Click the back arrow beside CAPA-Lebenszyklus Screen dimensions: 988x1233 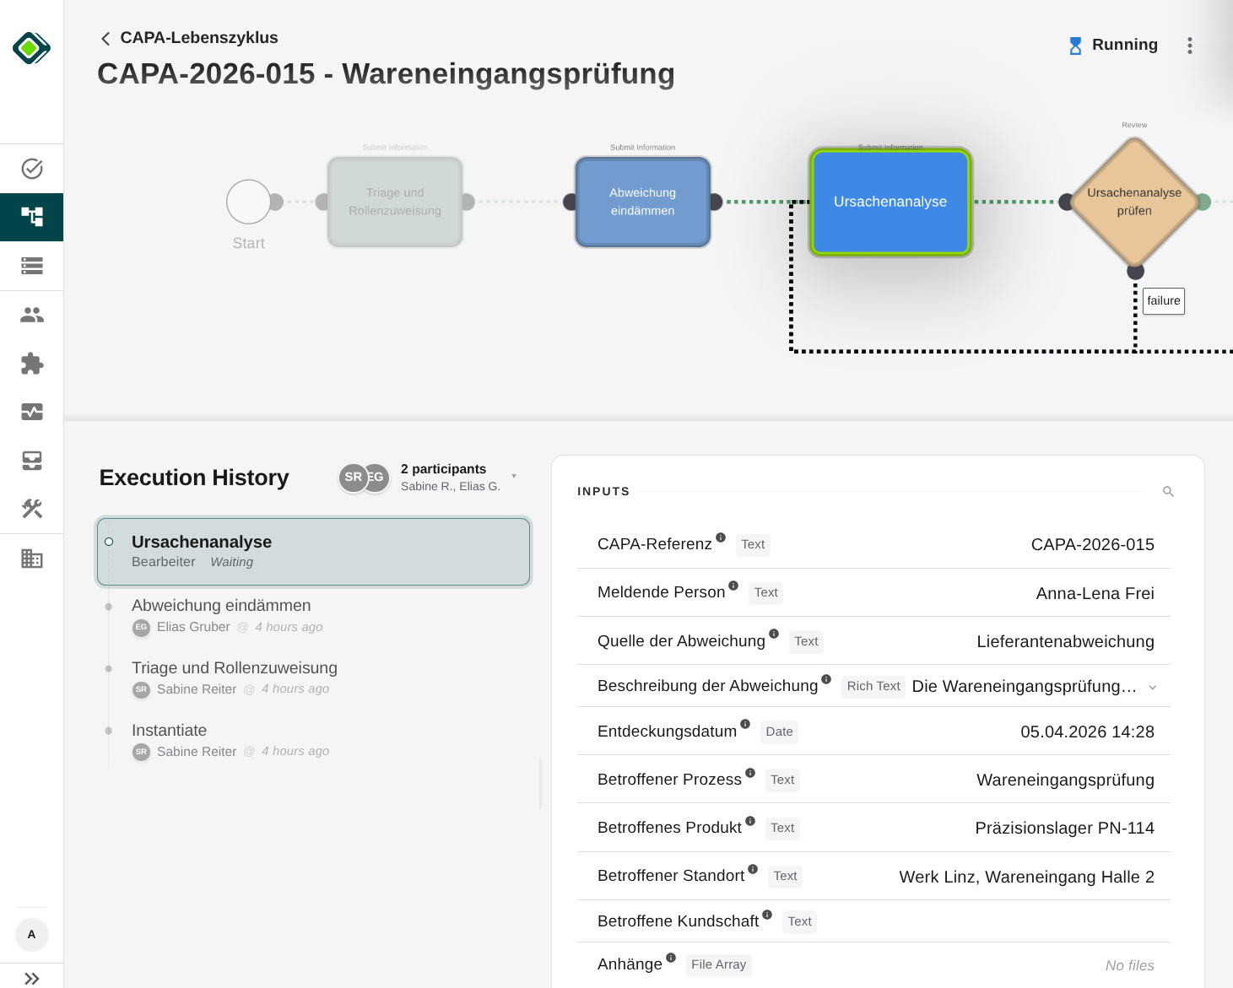[x=105, y=39]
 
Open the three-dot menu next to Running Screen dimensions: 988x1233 [x=1190, y=46]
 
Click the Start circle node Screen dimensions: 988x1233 [x=249, y=202]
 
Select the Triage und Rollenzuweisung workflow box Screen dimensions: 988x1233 [x=395, y=202]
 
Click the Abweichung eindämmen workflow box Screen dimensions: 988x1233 [x=642, y=202]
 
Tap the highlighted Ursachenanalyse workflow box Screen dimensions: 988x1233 [x=890, y=202]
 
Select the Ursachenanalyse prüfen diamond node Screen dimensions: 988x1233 [x=1134, y=202]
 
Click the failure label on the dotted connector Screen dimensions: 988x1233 [x=1163, y=301]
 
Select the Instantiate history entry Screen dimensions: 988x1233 [x=170, y=731]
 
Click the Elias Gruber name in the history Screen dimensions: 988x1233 [x=193, y=627]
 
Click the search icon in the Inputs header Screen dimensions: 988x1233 [x=1168, y=492]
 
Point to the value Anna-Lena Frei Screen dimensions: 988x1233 [x=1095, y=594]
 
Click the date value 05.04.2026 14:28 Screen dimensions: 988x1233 [x=1087, y=732]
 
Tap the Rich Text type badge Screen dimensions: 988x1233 [x=873, y=687]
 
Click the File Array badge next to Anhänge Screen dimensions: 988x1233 [x=718, y=964]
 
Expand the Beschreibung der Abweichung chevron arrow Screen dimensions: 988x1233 [x=1153, y=688]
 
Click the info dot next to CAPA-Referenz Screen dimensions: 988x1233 [x=721, y=537]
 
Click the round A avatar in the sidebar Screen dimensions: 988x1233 [x=32, y=935]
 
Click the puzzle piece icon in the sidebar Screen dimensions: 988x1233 [x=32, y=364]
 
